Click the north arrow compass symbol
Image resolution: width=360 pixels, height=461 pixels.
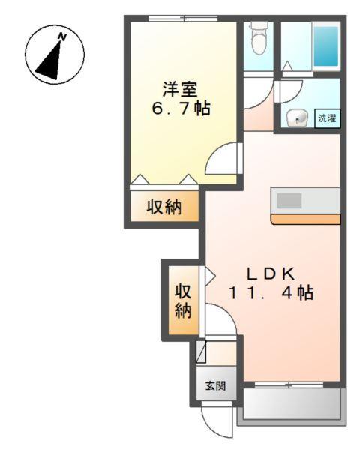(x=55, y=54)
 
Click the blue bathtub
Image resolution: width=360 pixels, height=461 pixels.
(x=326, y=46)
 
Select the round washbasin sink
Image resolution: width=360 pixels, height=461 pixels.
(x=295, y=118)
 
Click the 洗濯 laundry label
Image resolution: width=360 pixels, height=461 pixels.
(x=326, y=118)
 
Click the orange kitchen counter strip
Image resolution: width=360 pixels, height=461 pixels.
(x=307, y=219)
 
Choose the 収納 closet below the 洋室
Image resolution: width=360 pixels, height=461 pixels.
(x=163, y=206)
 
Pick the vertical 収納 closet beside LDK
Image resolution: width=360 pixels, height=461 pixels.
(x=182, y=301)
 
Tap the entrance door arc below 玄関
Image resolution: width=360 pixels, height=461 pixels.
(x=216, y=421)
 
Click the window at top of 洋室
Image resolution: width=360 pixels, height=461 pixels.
(x=178, y=18)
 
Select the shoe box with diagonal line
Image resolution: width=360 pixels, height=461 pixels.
(x=200, y=352)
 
